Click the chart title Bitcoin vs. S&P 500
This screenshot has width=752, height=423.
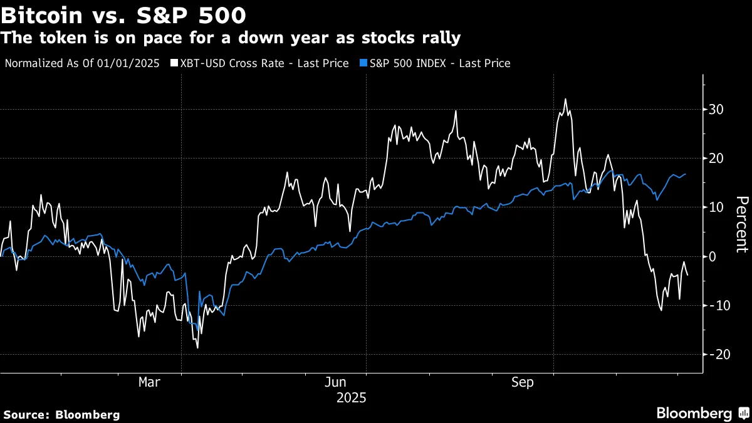[123, 14]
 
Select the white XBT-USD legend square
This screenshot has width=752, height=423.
[174, 63]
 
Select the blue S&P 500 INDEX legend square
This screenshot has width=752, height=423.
[364, 63]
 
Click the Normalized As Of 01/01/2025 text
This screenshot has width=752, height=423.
[81, 63]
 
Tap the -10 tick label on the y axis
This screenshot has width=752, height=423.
[716, 305]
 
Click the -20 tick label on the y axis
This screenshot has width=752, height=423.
[716, 354]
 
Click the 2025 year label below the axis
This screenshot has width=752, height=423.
[351, 398]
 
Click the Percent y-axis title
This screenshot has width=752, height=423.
[741, 224]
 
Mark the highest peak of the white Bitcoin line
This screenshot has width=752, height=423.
[565, 99]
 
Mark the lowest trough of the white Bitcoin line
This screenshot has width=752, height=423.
[197, 348]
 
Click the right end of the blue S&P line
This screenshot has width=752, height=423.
[685, 174]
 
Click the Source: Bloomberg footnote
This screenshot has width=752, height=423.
[61, 414]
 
